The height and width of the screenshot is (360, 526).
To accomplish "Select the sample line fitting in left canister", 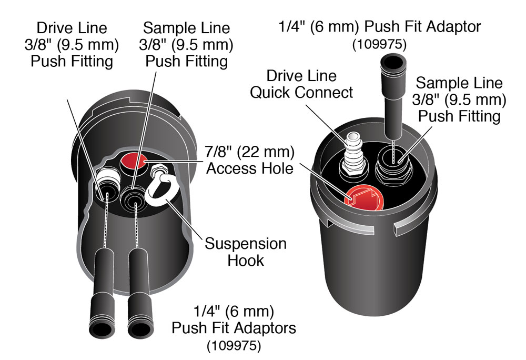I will (x=133, y=196).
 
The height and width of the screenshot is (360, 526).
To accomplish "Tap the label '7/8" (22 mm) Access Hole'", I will (x=250, y=161).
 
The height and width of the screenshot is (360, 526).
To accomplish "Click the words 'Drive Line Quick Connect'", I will (x=301, y=84).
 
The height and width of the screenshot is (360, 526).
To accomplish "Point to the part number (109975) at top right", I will (x=379, y=45).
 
